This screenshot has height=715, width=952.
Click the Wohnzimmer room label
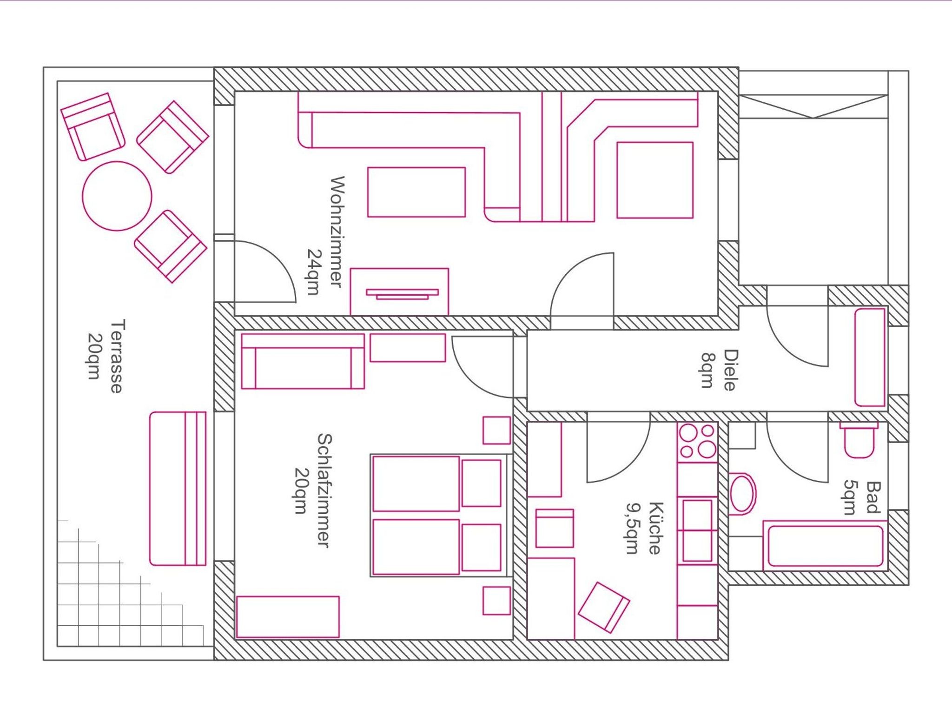pyautogui.click(x=337, y=232)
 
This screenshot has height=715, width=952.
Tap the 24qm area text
pyautogui.click(x=314, y=272)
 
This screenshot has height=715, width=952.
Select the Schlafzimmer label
pyautogui.click(x=324, y=490)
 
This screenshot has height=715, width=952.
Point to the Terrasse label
pyautogui.click(x=117, y=356)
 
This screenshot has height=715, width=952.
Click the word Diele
pyautogui.click(x=730, y=370)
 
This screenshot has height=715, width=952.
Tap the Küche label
pyautogui.click(x=655, y=528)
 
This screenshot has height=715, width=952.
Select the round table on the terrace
pyautogui.click(x=117, y=196)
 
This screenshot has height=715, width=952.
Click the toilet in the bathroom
pyautogui.click(x=859, y=440)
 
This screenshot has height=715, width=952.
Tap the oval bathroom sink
pyautogui.click(x=742, y=494)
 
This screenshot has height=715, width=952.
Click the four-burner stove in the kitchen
pyautogui.click(x=697, y=442)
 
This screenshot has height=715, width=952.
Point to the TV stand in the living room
pyautogui.click(x=399, y=292)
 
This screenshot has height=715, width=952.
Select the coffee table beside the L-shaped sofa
pyautogui.click(x=416, y=192)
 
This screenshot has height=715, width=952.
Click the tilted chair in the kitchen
pyautogui.click(x=604, y=607)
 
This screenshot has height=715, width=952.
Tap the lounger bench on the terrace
pyautogui.click(x=178, y=489)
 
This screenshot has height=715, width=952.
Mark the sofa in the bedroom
pyautogui.click(x=303, y=361)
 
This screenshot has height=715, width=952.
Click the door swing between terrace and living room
pyautogui.click(x=265, y=271)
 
